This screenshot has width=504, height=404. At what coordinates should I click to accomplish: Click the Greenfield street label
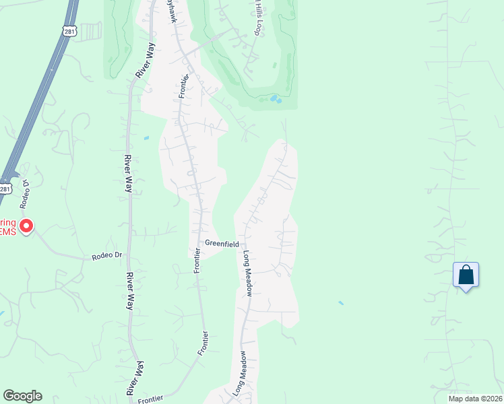point(222,244)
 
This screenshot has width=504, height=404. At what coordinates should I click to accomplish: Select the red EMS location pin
point(26,225)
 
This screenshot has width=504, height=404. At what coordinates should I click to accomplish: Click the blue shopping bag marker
point(466,275)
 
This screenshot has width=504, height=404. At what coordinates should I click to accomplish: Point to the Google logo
point(22,396)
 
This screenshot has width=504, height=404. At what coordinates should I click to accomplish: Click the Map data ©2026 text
point(466,399)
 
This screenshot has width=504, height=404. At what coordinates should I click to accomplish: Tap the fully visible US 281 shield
point(69,31)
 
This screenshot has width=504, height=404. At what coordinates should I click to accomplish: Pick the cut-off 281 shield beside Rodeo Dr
point(4,189)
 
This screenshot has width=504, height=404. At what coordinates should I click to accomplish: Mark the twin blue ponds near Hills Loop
point(276,99)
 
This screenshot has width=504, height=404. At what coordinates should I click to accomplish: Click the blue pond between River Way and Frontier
point(146,139)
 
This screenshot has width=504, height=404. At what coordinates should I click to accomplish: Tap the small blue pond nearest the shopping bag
point(340,303)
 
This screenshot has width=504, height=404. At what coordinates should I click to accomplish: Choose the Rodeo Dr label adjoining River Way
point(107,256)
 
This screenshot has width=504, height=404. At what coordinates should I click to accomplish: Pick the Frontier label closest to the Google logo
point(150,399)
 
